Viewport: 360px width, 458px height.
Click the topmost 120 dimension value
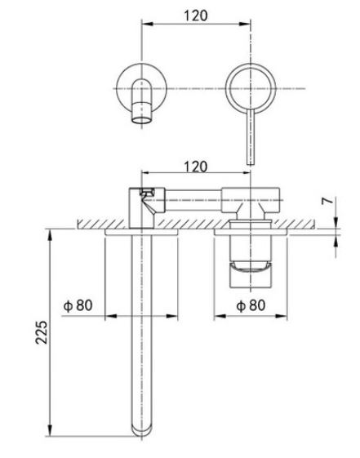(196, 16)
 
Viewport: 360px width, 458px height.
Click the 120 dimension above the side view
(196, 167)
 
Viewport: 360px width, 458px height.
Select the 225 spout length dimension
(41, 332)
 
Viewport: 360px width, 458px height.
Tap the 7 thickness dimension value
(327, 201)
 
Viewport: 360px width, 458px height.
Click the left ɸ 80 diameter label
(78, 305)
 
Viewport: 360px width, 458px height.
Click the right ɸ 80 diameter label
(251, 305)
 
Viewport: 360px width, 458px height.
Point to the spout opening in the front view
(141, 120)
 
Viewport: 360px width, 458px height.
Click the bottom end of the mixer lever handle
(251, 164)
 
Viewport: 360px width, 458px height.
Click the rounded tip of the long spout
(141, 431)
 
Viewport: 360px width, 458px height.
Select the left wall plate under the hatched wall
(141, 232)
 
